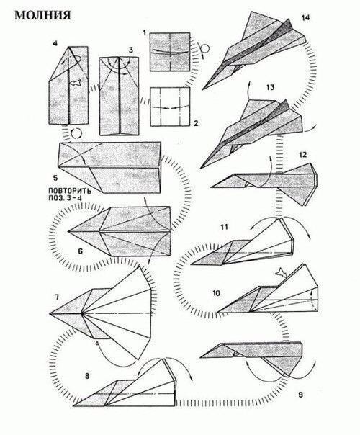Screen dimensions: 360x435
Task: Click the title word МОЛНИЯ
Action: tap(42, 15)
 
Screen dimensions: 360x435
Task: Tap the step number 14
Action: tap(305, 18)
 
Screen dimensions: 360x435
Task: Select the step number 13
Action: tap(270, 87)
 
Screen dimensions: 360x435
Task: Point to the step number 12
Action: tap(302, 155)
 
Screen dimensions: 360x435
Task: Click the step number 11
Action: tap(224, 227)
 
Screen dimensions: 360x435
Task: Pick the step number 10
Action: tap(216, 293)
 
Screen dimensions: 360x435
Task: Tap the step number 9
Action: tap(300, 395)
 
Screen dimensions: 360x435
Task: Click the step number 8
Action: tap(87, 376)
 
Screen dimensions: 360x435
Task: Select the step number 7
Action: tap(57, 297)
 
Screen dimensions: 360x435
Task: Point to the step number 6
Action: tap(80, 251)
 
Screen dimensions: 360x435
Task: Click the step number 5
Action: tap(55, 178)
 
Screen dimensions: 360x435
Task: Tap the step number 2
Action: tap(196, 123)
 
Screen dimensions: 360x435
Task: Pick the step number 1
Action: tap(144, 33)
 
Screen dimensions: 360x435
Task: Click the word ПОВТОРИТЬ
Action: tap(70, 191)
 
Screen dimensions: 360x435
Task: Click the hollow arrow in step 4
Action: tap(75, 82)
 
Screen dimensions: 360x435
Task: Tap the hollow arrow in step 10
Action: tap(282, 273)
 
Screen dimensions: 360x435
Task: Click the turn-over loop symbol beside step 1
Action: tap(204, 49)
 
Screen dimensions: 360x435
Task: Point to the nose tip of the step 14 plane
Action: tap(202, 89)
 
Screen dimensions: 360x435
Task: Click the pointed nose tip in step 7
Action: tap(50, 313)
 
